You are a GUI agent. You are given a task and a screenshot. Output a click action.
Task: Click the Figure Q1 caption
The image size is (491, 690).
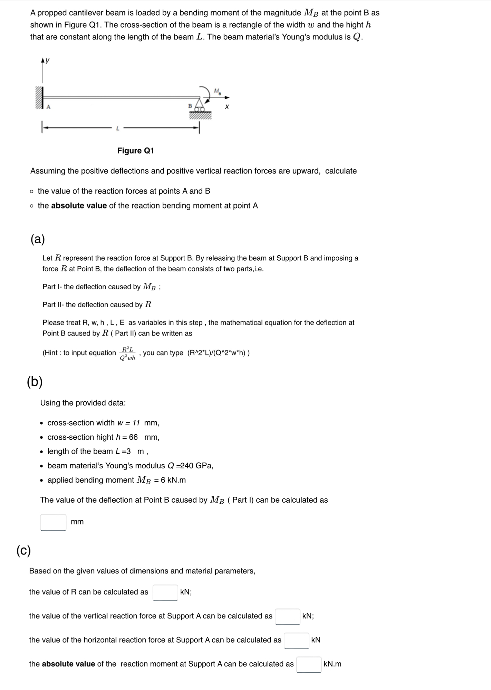pyautogui.click(x=135, y=151)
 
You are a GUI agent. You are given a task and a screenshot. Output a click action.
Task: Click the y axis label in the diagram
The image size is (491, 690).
pyautogui.click(x=48, y=60)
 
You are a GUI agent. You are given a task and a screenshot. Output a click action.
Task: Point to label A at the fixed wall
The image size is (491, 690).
pyautogui.click(x=48, y=107)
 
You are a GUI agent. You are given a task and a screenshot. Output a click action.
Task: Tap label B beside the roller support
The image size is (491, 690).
pyautogui.click(x=190, y=106)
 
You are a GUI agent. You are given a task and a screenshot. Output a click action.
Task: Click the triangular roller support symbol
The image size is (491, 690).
pyautogui.click(x=199, y=104)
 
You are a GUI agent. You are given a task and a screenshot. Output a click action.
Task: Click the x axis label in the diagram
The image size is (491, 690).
pyautogui.click(x=227, y=107)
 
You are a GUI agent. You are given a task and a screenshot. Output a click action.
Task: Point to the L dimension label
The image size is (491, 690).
pyautogui.click(x=117, y=129)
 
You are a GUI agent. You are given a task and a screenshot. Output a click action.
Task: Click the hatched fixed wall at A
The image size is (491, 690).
pyautogui.click(x=39, y=98)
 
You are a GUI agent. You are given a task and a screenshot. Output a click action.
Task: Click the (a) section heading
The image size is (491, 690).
pyautogui.click(x=38, y=239)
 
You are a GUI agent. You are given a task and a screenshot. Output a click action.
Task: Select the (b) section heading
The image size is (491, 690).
pyautogui.click(x=35, y=382)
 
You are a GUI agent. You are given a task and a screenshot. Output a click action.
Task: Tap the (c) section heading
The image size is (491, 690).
pyautogui.click(x=23, y=550)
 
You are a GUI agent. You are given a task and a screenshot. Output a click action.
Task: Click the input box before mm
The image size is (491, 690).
pyautogui.click(x=54, y=522)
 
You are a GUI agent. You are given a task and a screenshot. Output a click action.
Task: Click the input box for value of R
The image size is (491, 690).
pyautogui.click(x=165, y=592)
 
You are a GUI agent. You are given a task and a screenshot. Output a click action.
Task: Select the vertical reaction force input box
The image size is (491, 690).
pyautogui.click(x=287, y=616)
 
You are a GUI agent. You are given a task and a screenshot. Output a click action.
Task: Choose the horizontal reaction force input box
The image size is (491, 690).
pyautogui.click(x=296, y=640)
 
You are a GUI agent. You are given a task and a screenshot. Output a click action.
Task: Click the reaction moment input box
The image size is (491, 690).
pyautogui.click(x=309, y=664)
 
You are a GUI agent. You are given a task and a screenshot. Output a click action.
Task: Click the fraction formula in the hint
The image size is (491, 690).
pyautogui.click(x=127, y=353)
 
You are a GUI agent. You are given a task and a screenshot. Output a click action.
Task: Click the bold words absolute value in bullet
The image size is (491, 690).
pyautogui.click(x=79, y=206)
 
